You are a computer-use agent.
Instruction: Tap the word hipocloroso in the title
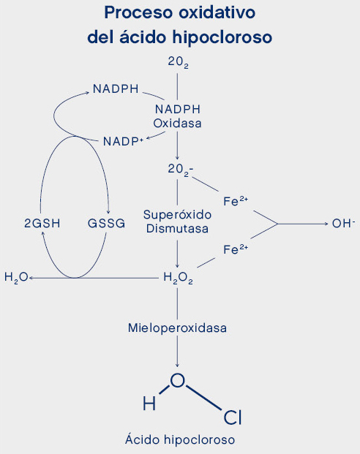click(222, 37)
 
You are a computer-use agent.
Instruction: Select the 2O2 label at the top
click(178, 62)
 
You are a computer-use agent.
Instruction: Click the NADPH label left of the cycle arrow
click(116, 88)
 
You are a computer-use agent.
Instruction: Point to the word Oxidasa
click(177, 124)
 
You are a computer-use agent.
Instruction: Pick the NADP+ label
click(123, 141)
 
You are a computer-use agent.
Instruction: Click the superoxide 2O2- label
click(181, 170)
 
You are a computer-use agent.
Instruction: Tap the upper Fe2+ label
click(236, 201)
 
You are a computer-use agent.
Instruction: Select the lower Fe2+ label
click(236, 249)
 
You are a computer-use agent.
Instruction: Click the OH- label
click(344, 223)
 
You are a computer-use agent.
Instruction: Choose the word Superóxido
click(177, 215)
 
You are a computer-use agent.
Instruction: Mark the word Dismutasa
click(177, 228)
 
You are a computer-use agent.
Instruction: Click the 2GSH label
click(42, 223)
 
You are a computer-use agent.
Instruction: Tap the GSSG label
click(106, 223)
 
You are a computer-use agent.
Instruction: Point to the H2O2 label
click(178, 278)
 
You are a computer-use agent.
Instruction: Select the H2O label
click(16, 278)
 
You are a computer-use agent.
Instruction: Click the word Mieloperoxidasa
click(177, 328)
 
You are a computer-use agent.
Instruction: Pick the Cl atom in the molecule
click(233, 417)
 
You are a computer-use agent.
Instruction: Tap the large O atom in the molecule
click(177, 380)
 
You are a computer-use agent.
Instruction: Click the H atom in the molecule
click(149, 403)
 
